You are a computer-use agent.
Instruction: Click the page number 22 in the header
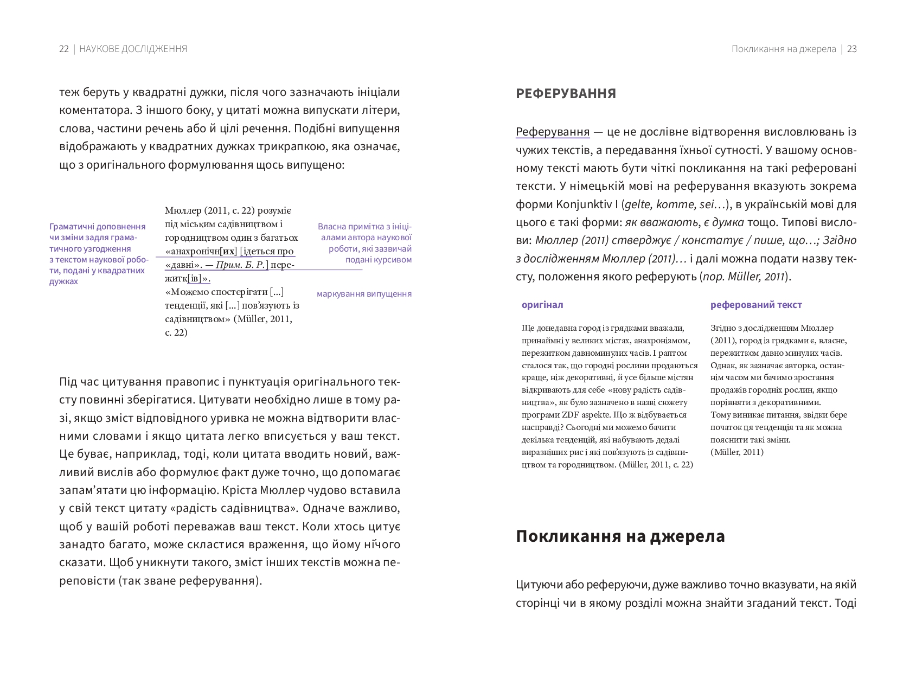pyautogui.click(x=64, y=49)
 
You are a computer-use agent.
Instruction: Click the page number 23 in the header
pyautogui.click(x=851, y=49)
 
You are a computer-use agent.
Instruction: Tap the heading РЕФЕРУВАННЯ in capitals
pyautogui.click(x=566, y=94)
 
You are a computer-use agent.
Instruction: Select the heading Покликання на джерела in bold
pyautogui.click(x=620, y=536)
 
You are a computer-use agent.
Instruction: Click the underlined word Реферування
pyautogui.click(x=552, y=132)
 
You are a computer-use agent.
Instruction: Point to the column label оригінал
pyautogui.click(x=542, y=305)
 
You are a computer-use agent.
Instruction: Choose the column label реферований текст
pyautogui.click(x=755, y=305)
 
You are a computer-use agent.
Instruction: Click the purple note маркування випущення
pyautogui.click(x=364, y=294)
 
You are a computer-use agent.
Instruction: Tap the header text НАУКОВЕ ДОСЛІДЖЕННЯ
pyautogui.click(x=133, y=49)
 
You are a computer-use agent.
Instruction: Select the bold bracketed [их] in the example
pyautogui.click(x=228, y=251)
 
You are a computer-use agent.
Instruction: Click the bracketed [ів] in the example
pyautogui.click(x=194, y=279)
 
